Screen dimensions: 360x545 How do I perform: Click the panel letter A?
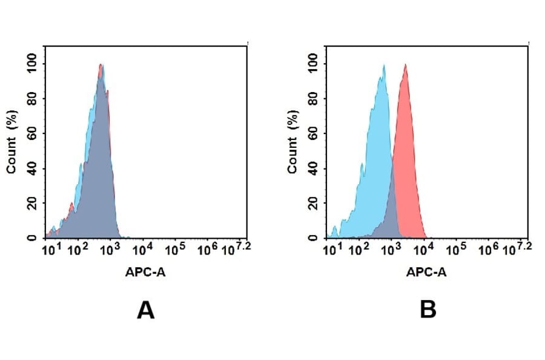[145, 310]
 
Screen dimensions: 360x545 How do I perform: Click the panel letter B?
[428, 310]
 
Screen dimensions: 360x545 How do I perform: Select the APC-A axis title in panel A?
[145, 273]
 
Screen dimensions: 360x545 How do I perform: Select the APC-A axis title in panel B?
[426, 273]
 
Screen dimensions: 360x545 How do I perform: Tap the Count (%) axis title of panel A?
[12, 142]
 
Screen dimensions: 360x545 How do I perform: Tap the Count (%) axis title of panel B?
[293, 142]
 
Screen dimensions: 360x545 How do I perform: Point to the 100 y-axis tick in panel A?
[31, 63]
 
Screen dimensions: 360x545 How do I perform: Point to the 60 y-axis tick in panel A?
[31, 133]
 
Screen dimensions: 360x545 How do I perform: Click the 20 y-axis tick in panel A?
[31, 203]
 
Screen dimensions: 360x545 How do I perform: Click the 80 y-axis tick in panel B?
[312, 98]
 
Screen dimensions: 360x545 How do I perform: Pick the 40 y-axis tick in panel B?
[312, 168]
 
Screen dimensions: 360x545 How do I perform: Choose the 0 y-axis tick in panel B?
[312, 238]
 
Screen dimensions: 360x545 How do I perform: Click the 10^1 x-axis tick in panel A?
[49, 250]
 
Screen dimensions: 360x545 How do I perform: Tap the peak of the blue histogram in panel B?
[383, 65]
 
